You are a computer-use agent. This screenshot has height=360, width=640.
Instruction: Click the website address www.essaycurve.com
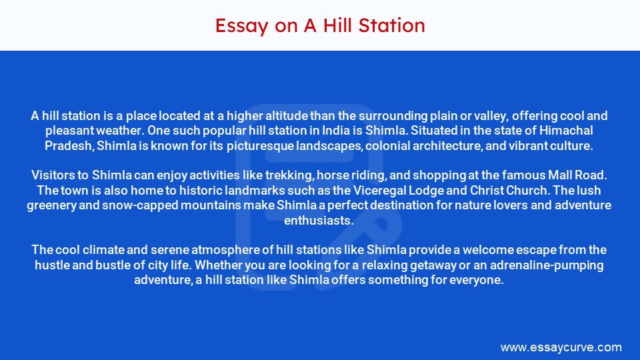(x=561, y=347)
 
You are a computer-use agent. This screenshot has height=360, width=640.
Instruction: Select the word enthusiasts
(x=319, y=220)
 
